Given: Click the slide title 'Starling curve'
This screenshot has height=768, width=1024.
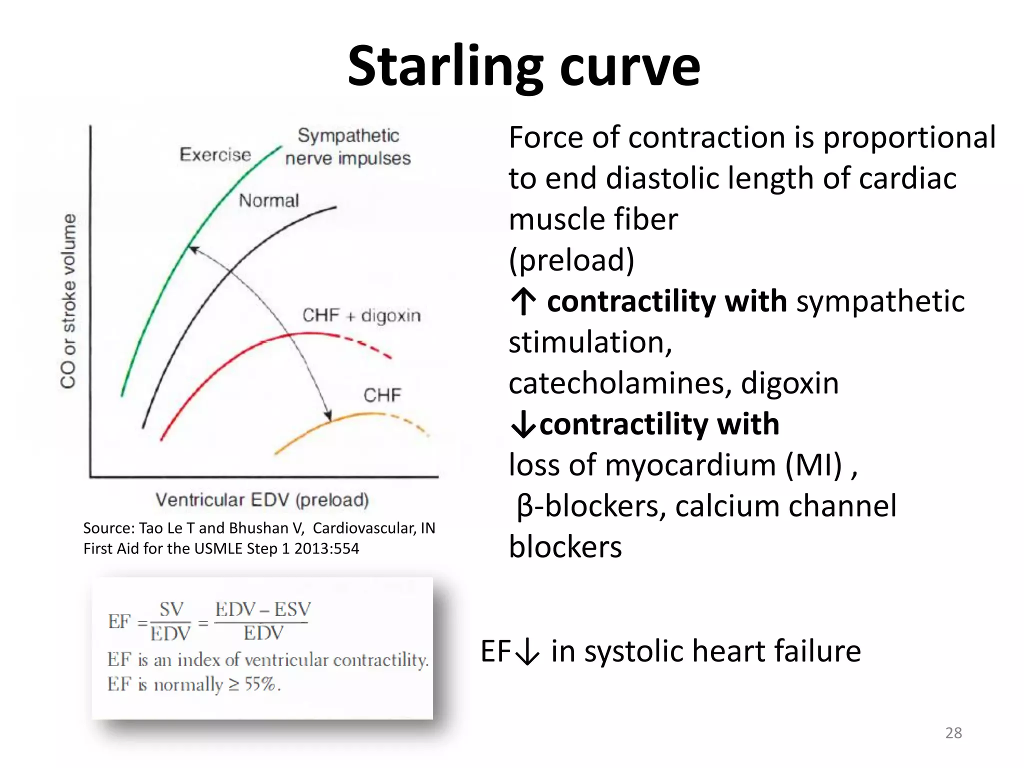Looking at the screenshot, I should click(x=523, y=66).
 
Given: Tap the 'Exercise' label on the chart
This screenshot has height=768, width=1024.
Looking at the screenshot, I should click(x=215, y=155).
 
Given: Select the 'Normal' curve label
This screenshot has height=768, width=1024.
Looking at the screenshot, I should click(x=268, y=201).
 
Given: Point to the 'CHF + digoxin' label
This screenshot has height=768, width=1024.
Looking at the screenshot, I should click(x=361, y=315).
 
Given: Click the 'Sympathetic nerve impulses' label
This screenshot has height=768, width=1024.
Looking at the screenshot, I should click(x=348, y=147).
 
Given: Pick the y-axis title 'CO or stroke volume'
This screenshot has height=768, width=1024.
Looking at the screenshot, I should click(x=68, y=301).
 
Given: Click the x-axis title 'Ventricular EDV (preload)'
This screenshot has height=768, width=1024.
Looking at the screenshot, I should click(x=262, y=499).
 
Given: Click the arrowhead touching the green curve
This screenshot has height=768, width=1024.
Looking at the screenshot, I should click(x=193, y=249).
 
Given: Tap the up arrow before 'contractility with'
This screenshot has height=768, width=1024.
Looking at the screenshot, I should click(x=523, y=302).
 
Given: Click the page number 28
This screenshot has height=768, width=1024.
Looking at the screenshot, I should click(x=953, y=733).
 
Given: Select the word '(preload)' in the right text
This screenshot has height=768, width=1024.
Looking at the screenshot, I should click(x=571, y=260).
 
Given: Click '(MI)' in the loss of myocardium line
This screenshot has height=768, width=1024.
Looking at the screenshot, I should click(x=814, y=465).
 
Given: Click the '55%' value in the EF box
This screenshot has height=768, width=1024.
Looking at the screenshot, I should click(x=260, y=684).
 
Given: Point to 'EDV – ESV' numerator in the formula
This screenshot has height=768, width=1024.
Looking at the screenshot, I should click(x=263, y=609).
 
